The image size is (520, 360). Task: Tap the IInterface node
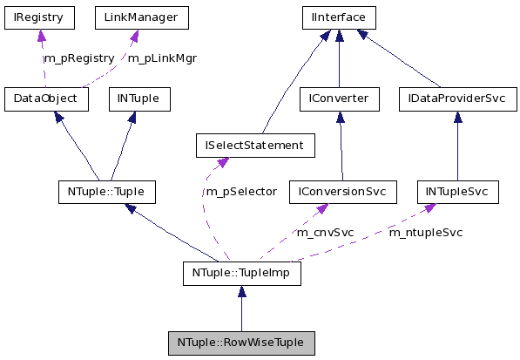(339, 17)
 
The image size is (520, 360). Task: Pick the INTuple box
(138, 98)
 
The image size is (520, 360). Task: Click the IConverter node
(339, 98)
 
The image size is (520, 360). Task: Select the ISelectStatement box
(249, 145)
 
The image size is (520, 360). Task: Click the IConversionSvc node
(342, 191)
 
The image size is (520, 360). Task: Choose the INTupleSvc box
(457, 191)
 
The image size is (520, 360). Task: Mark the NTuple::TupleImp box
(241, 273)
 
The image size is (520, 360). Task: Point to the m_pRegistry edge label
(78, 58)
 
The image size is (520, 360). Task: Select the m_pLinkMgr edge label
(162, 58)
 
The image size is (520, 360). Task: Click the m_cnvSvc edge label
(325, 233)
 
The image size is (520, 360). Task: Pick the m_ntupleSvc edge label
(425, 233)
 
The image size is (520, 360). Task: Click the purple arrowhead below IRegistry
(40, 36)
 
